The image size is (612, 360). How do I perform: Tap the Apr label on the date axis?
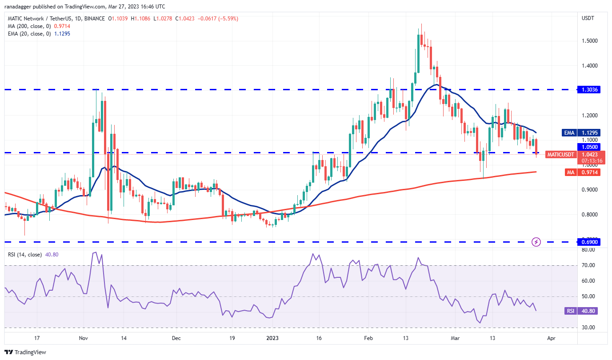coord(551,338)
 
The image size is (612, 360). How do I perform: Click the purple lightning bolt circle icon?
coord(536,242)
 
